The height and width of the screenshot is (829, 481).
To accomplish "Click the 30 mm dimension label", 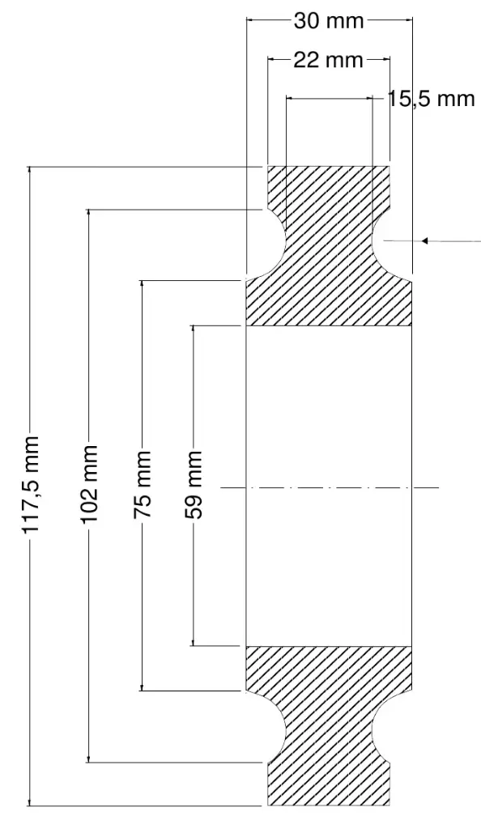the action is coord(329,20).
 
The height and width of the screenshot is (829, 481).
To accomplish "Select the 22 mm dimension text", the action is coord(328,60).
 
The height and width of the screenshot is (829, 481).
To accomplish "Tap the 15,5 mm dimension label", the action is coord(432,98).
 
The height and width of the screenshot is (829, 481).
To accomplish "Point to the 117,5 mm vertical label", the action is coord(32,484).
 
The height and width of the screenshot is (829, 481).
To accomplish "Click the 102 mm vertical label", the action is coord(89,483).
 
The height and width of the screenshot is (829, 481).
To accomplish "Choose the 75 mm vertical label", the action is coord(143,484).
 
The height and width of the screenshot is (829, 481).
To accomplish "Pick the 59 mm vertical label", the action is coord(194,484).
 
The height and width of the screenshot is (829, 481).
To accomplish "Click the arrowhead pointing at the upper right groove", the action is coord(424,241).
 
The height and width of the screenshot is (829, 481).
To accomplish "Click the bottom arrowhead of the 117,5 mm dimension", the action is coord(30,801).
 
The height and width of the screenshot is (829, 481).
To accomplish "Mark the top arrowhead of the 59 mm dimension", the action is coord(194,329).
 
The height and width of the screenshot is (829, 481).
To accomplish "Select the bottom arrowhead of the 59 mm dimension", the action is coord(194,641).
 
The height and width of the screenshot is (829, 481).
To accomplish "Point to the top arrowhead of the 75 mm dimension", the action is coord(142,284).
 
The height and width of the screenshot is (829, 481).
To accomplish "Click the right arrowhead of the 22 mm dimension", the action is coord(386,59).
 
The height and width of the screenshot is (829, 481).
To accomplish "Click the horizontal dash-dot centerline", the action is coord(330,487).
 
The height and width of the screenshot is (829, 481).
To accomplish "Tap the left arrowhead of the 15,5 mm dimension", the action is coord(291,98).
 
